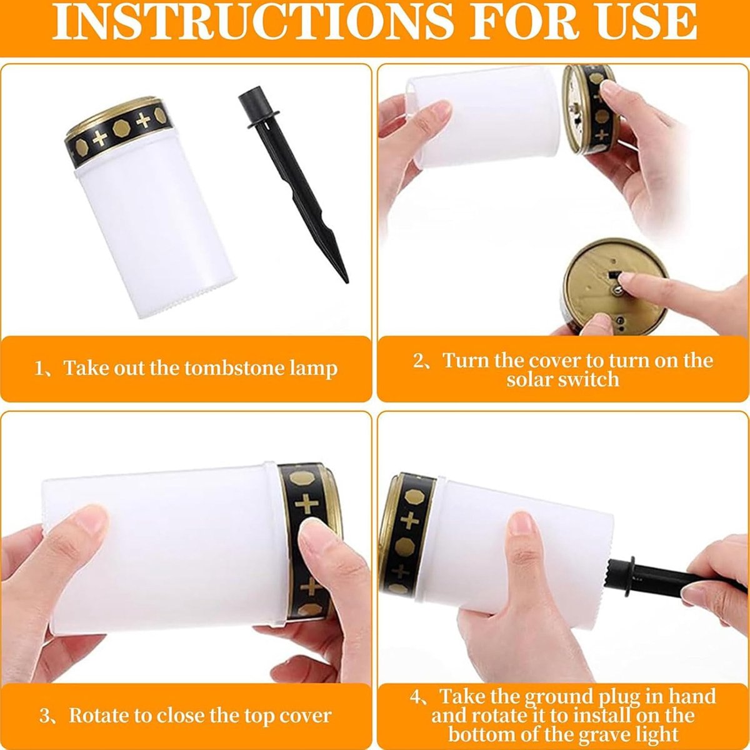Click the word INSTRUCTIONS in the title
[x=252, y=22]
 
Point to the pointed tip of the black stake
[x=346, y=281]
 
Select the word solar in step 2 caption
[x=530, y=379]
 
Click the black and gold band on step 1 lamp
[x=118, y=133]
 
